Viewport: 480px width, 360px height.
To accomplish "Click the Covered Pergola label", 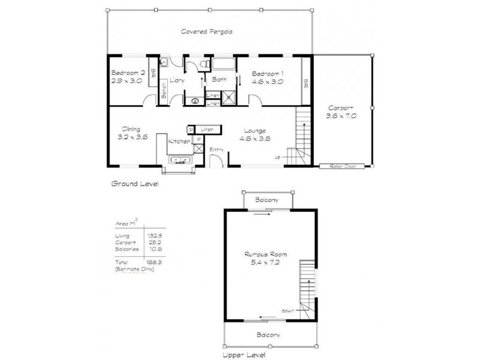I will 207,31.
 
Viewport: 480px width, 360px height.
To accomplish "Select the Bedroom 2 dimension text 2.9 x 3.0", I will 126,80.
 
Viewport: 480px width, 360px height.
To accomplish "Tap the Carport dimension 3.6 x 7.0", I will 341,116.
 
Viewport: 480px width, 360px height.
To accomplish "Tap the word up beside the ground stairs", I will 277,157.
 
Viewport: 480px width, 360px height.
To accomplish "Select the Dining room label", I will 131,128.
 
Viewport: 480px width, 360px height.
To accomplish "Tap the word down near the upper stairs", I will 287,311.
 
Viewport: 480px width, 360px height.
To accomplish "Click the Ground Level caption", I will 135,184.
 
